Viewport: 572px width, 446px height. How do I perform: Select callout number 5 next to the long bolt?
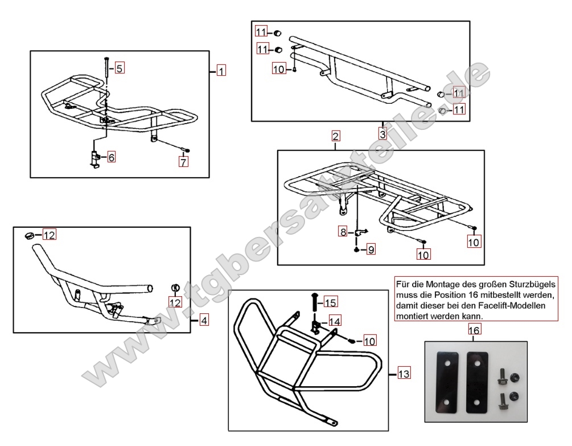pos(119,68)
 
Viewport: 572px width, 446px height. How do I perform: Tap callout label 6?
pos(111,157)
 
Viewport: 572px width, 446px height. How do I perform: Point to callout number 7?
pos(183,162)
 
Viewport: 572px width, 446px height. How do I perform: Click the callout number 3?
pos(382,135)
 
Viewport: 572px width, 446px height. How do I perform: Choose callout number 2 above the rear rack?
pos(336,136)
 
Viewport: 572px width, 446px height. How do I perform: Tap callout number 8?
pos(343,232)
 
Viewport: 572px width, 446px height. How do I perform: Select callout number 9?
pos(371,249)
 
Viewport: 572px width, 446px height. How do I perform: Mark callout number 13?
pos(403,374)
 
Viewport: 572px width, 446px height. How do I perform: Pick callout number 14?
pos(335,321)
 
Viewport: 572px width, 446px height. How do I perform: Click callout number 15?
pos(331,301)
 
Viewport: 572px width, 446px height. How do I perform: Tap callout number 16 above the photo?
pos(474,330)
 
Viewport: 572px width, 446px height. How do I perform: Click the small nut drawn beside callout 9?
pos(356,249)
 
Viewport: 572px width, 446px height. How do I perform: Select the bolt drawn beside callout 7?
pos(186,150)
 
